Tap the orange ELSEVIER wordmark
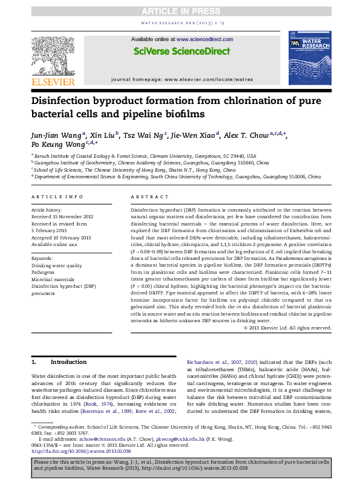(x=53, y=82)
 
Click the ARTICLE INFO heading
(x=57, y=197)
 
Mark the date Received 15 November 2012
(x=62, y=216)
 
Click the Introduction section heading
(x=69, y=362)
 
